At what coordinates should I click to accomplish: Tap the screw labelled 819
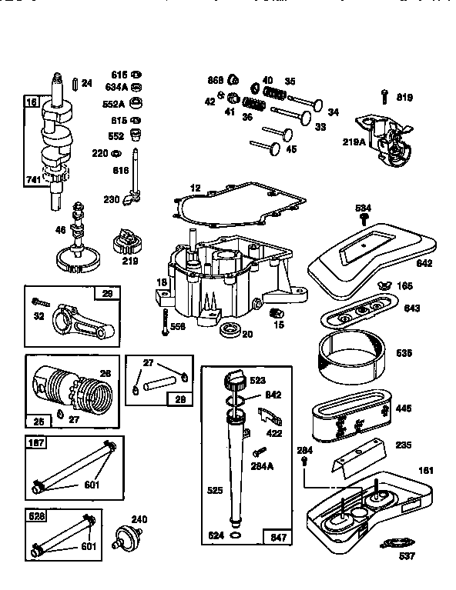(383, 97)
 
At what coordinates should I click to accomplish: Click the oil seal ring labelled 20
(229, 331)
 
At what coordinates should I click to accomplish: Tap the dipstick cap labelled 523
(236, 381)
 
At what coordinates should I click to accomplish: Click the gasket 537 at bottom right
(394, 544)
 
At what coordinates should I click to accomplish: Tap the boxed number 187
(35, 442)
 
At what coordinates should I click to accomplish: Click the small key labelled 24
(73, 82)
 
